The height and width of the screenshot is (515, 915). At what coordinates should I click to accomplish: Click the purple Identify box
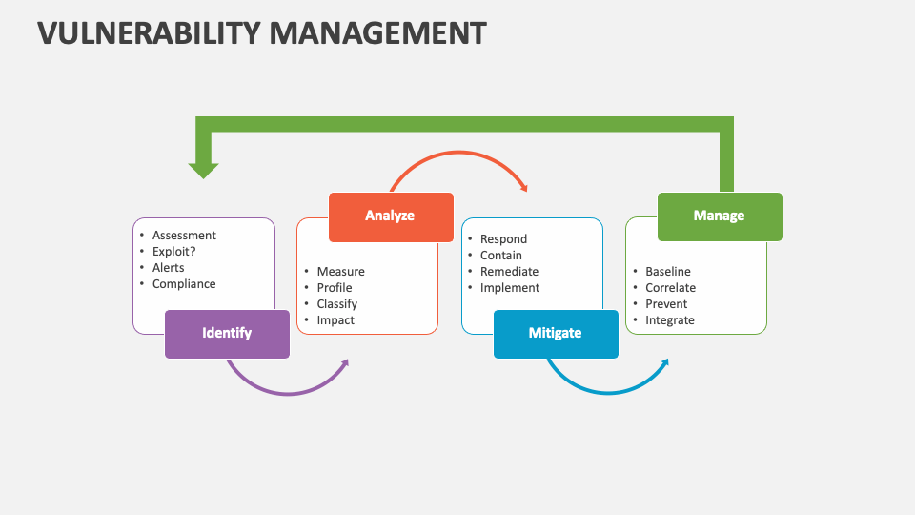click(227, 334)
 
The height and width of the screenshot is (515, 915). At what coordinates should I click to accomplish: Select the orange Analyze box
click(390, 216)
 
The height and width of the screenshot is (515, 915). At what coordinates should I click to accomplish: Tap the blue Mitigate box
click(555, 334)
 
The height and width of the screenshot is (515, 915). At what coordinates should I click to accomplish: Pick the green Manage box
click(719, 216)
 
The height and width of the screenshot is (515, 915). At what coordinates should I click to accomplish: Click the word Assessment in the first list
click(184, 236)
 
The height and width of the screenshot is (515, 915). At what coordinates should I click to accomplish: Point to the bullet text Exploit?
click(174, 252)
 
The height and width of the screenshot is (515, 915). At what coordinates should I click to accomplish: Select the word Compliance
click(184, 284)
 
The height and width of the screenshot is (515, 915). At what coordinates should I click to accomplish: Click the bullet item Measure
click(340, 272)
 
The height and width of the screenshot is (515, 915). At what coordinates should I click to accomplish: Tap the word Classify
click(337, 304)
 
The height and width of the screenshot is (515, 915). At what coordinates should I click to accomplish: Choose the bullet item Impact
click(335, 320)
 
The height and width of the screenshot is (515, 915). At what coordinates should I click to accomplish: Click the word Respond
click(503, 239)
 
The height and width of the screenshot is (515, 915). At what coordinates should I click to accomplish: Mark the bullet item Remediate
click(509, 272)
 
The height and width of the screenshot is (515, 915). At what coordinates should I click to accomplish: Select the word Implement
click(510, 288)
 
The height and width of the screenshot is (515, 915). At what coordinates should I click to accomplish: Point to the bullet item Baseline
click(668, 272)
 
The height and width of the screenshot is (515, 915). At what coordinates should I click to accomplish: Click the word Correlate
click(670, 288)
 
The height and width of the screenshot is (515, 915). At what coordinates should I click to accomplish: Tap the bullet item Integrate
click(670, 320)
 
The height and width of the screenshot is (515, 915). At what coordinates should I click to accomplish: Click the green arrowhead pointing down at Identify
click(203, 170)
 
